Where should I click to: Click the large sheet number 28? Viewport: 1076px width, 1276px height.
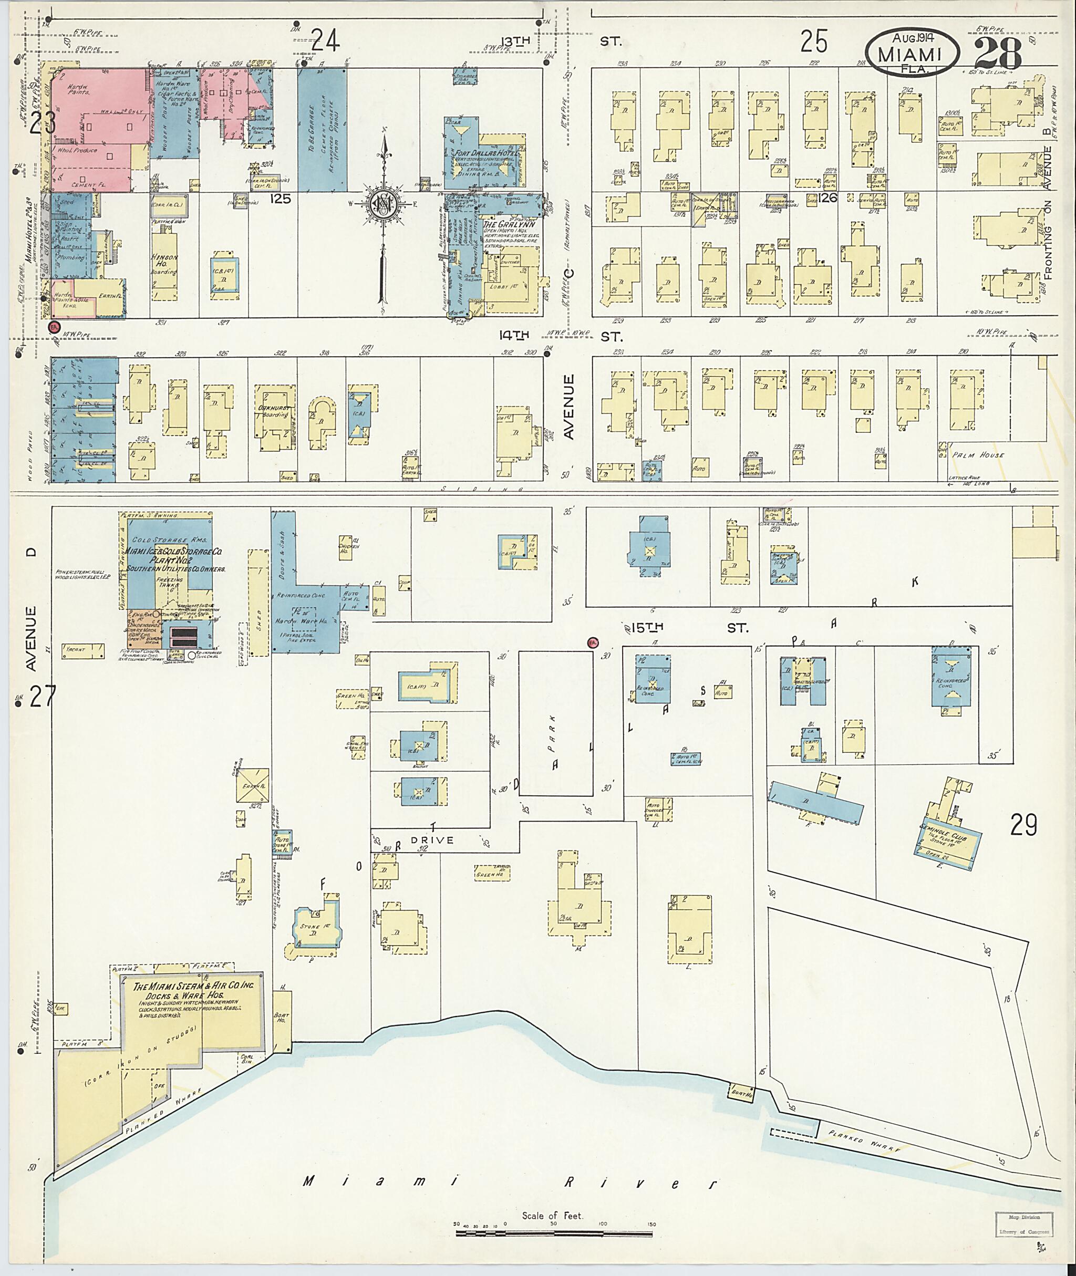click(998, 54)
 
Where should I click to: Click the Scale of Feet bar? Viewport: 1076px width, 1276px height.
click(554, 1234)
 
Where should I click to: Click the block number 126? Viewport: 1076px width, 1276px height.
click(829, 198)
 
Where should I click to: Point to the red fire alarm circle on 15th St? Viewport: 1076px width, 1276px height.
click(592, 642)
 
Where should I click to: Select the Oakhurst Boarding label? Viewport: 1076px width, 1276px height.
click(274, 410)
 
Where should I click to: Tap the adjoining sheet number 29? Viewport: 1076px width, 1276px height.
click(1023, 826)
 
